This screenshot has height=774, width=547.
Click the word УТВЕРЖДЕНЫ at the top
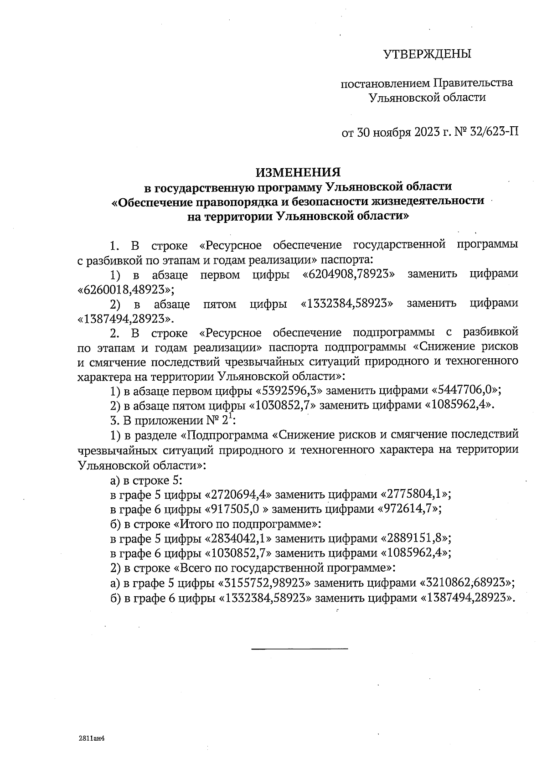(x=427, y=54)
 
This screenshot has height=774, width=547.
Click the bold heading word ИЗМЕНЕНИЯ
(x=298, y=172)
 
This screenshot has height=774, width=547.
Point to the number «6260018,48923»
(x=126, y=289)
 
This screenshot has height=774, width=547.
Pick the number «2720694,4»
(x=239, y=495)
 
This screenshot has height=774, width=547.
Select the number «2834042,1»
(x=239, y=538)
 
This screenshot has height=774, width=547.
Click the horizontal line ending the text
(x=299, y=648)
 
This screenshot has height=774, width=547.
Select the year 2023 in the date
(x=427, y=133)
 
